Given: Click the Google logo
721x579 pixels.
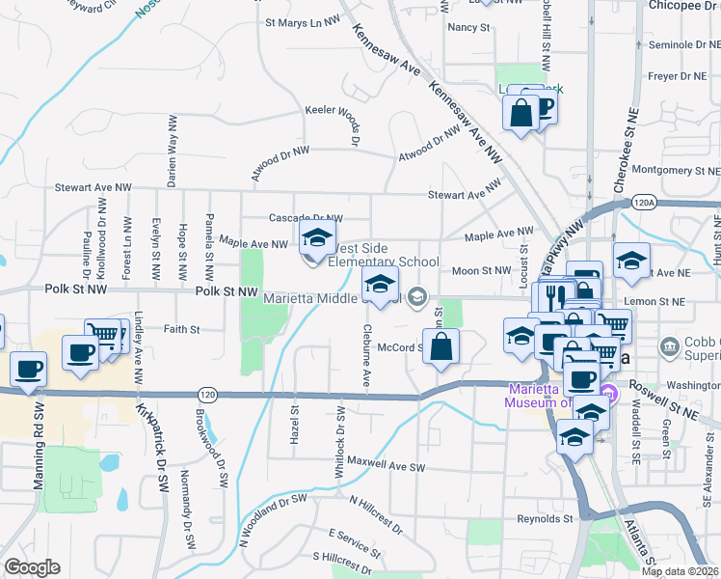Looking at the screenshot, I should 32,566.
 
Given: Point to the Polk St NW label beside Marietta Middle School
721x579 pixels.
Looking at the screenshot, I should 227,290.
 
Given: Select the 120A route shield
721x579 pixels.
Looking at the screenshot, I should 645,203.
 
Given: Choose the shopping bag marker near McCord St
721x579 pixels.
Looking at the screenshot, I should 441,348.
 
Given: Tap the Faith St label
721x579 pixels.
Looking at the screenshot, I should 181,329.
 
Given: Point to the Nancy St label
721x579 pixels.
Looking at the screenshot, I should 469,27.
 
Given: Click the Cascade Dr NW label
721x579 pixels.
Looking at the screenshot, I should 306,219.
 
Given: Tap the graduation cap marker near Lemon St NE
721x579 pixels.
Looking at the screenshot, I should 631,262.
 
